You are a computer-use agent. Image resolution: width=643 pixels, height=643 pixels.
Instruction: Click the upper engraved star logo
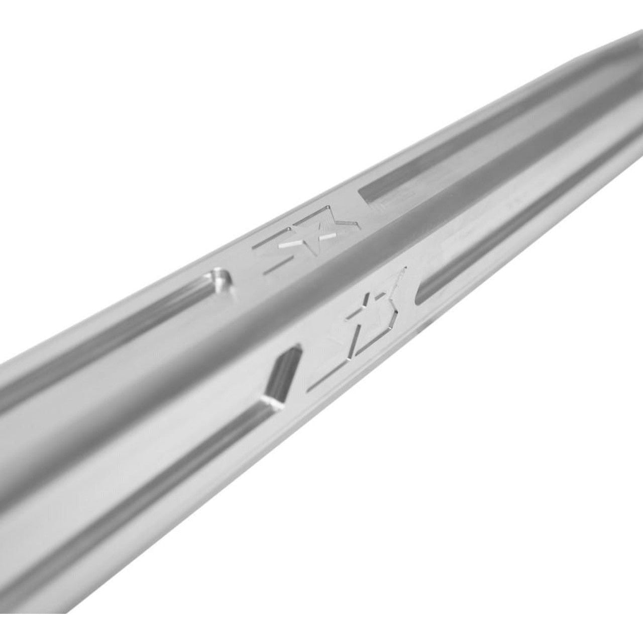tap(306, 246)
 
